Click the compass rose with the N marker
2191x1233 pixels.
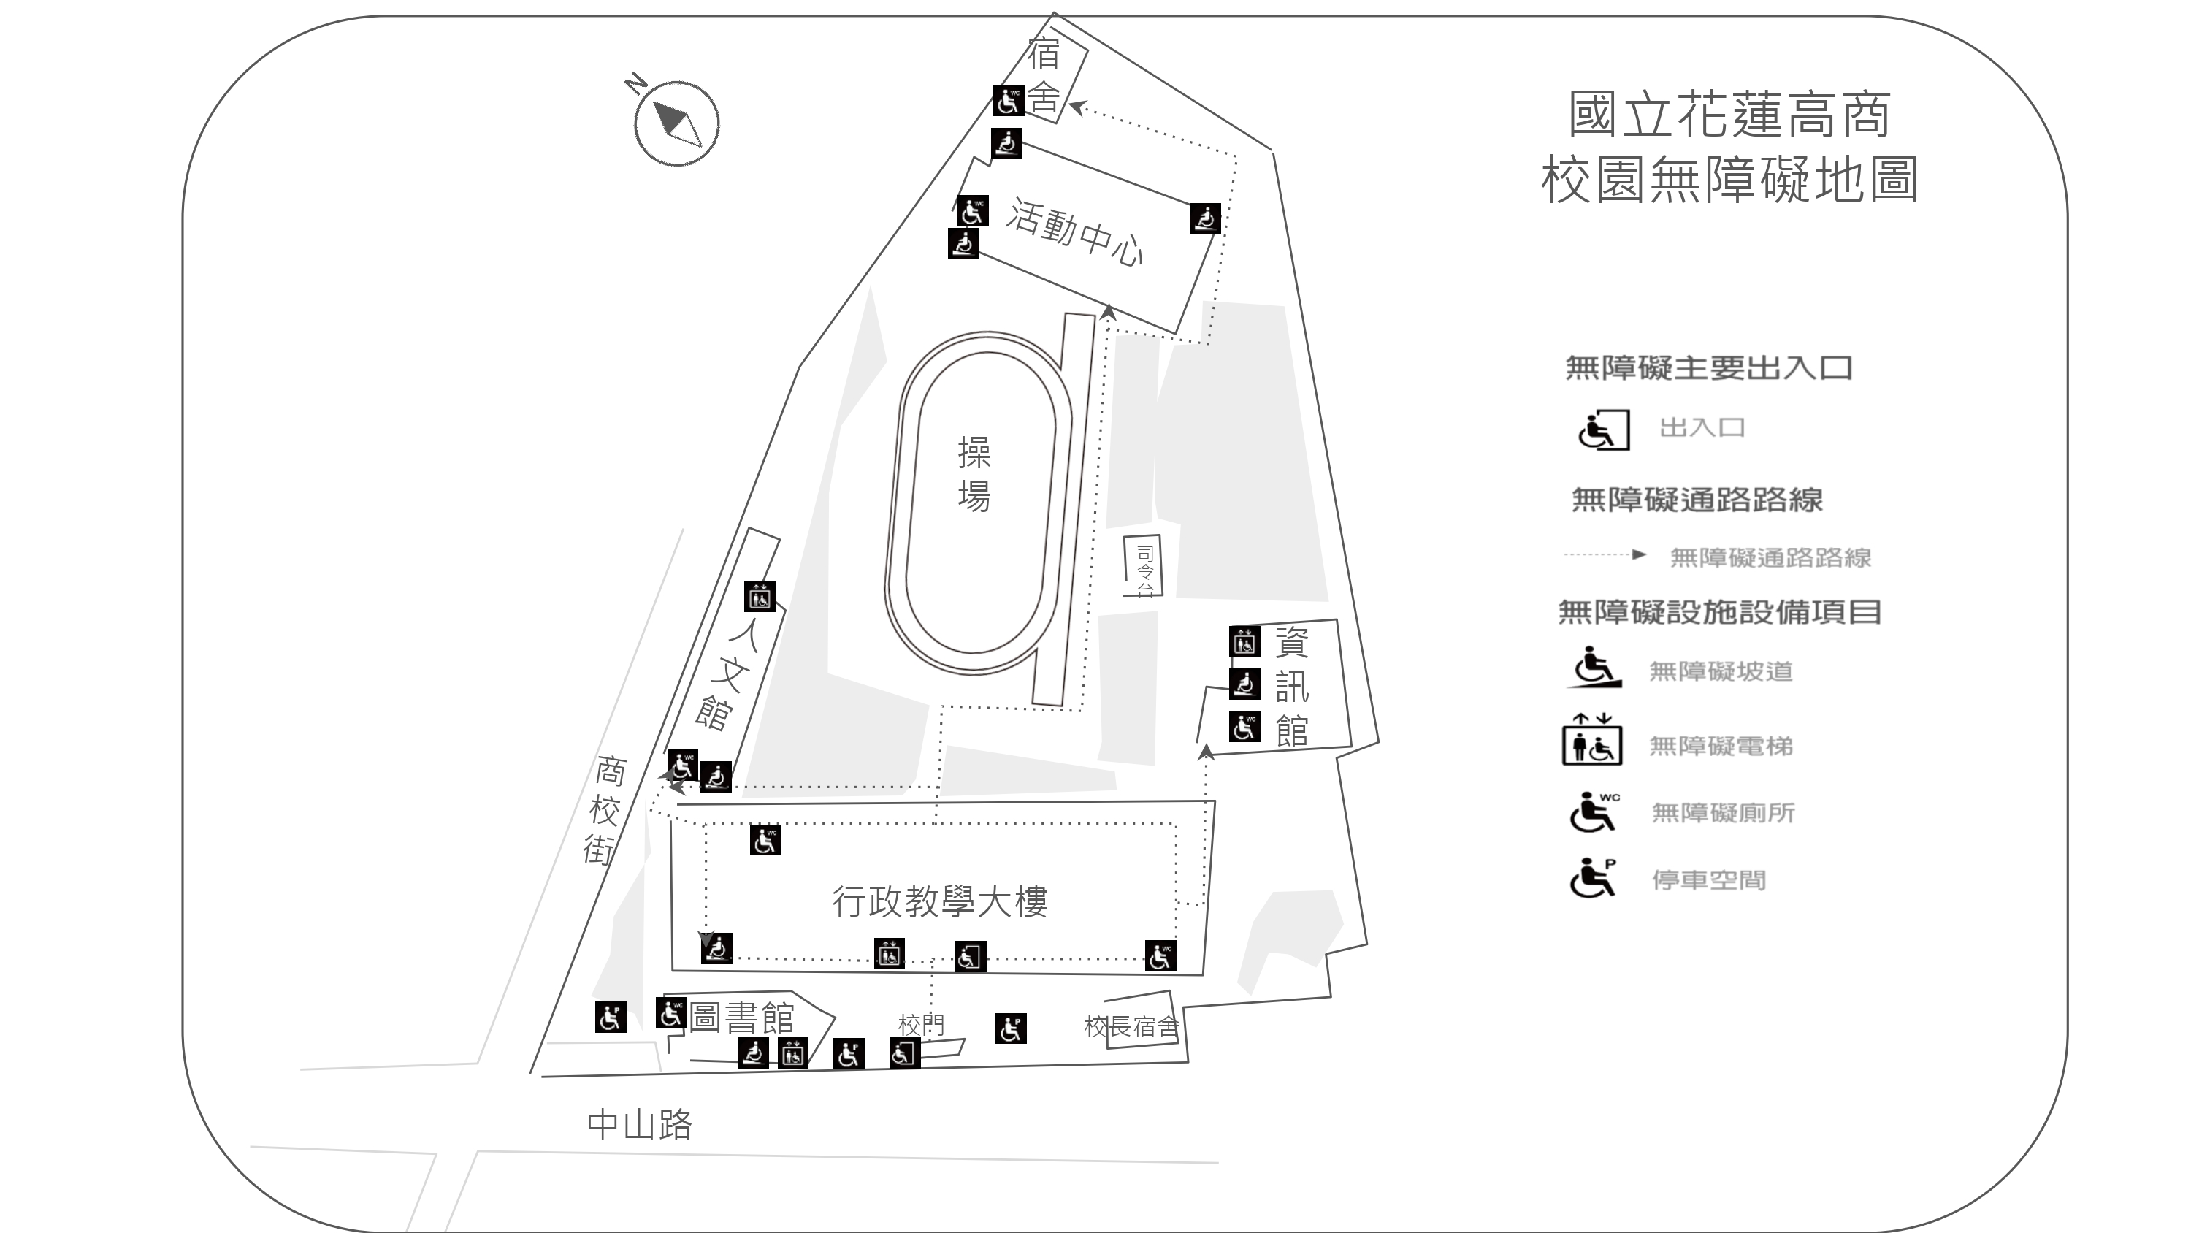tap(676, 123)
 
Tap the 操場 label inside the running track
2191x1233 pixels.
tap(974, 474)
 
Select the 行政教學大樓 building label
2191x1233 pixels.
tap(939, 901)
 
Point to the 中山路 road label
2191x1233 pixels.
tap(640, 1125)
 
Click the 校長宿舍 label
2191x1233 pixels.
tap(1131, 1027)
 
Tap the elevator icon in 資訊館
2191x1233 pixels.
tap(1244, 641)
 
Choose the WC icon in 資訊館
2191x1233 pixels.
tap(1244, 728)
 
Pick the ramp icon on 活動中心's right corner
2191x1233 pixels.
tap(1205, 218)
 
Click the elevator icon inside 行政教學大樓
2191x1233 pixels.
tap(890, 954)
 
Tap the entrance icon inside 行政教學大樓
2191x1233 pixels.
tap(970, 956)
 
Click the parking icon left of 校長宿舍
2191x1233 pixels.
tap(1011, 1028)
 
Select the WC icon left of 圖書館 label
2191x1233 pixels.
tap(671, 1012)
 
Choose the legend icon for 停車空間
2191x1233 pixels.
tap(1592, 878)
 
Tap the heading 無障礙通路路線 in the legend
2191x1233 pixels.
tap(1697, 500)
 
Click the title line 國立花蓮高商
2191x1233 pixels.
tap(1729, 115)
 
